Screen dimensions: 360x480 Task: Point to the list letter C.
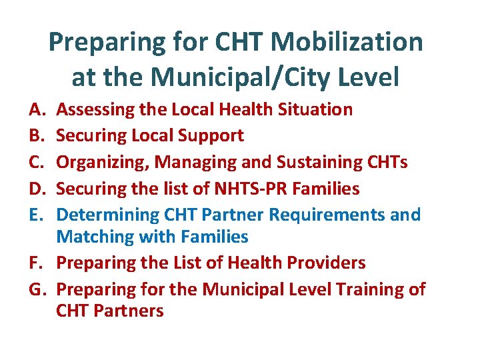(35, 162)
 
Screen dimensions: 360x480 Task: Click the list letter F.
(34, 263)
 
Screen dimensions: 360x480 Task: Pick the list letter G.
(35, 289)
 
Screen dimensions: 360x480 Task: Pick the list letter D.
(35, 189)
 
